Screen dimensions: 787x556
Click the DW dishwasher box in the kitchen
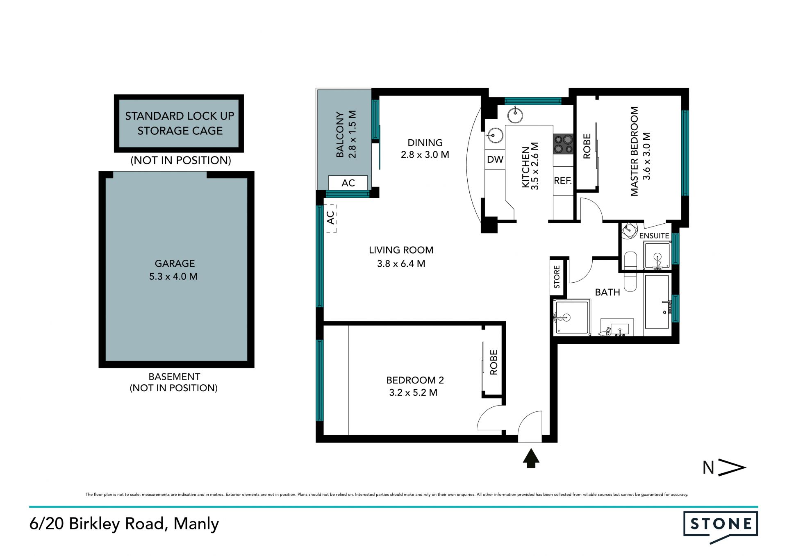tap(495, 159)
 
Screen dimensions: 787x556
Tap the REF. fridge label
tap(563, 181)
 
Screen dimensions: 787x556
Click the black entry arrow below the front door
tap(531, 458)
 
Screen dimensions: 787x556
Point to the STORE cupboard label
tap(557, 277)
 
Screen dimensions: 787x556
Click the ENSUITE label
tap(654, 236)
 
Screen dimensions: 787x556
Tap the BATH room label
tap(607, 292)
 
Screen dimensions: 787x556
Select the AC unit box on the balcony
tap(348, 183)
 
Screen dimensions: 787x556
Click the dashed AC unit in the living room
tap(331, 218)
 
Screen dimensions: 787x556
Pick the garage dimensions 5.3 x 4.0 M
tap(173, 277)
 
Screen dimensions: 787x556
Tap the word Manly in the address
tap(196, 524)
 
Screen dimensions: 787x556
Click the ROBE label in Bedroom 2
tap(494, 362)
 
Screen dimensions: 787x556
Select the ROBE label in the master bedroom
tap(587, 146)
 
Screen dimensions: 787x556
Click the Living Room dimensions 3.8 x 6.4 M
tap(401, 264)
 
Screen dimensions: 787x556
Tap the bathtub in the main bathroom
tap(657, 302)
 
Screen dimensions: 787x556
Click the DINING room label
tap(425, 143)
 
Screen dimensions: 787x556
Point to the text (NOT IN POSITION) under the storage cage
tap(181, 160)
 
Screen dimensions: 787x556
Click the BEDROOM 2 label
tap(415, 380)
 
